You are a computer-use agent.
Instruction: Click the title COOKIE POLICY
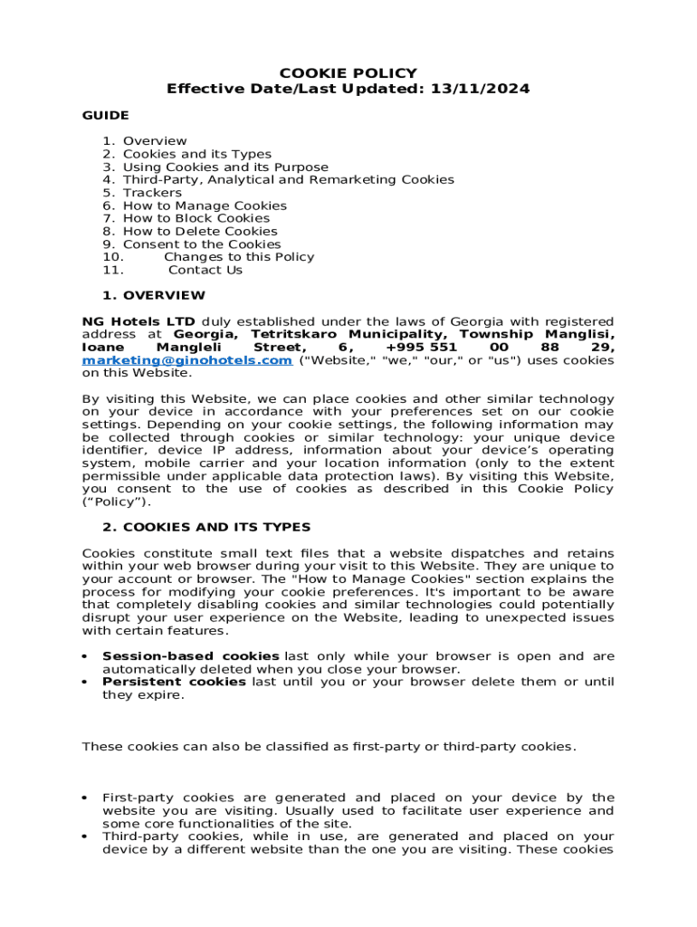pyautogui.click(x=348, y=73)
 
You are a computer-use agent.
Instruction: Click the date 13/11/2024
pyautogui.click(x=482, y=89)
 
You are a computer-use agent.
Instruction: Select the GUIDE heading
pyautogui.click(x=106, y=115)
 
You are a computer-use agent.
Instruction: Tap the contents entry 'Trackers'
pyautogui.click(x=152, y=193)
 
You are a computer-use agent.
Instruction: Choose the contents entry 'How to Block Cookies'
pyautogui.click(x=196, y=218)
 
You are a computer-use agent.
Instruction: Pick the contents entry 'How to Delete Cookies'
pyautogui.click(x=200, y=231)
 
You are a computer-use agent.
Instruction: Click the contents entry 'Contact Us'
pyautogui.click(x=205, y=270)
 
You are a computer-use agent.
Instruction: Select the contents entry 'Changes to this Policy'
pyautogui.click(x=239, y=257)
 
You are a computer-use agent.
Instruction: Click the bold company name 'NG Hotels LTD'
pyautogui.click(x=138, y=321)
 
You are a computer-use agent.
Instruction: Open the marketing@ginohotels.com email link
pyautogui.click(x=187, y=360)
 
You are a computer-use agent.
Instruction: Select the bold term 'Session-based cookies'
pyautogui.click(x=191, y=656)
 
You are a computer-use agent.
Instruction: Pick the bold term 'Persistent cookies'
pyautogui.click(x=174, y=682)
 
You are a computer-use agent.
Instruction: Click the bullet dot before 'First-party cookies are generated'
pyautogui.click(x=84, y=798)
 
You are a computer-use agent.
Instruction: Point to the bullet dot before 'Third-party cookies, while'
pyautogui.click(x=84, y=837)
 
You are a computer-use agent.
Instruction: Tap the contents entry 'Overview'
pyautogui.click(x=155, y=141)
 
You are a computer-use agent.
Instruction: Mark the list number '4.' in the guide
pyautogui.click(x=109, y=179)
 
